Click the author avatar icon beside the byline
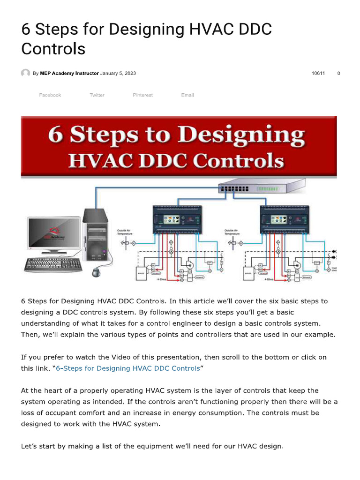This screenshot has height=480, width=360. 25,74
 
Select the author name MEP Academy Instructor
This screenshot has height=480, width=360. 69,74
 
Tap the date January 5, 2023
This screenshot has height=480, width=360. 118,74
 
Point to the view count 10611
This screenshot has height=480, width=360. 318,74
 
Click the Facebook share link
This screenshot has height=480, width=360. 50,95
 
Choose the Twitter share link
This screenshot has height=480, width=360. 97,95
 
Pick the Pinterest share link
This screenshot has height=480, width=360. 142,95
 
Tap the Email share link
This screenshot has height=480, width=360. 187,95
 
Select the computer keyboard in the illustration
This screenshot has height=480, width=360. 53,264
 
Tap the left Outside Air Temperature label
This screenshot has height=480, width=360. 127,232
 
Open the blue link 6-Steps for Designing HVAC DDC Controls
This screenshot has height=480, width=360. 127,368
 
